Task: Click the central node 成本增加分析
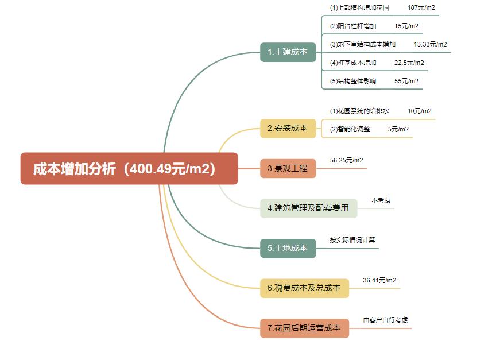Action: (129, 168)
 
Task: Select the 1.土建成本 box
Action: (288, 52)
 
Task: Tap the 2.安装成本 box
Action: (288, 129)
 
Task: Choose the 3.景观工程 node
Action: (288, 168)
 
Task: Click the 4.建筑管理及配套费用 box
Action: (308, 208)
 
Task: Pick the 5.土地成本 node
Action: (288, 249)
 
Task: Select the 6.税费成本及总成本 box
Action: (304, 288)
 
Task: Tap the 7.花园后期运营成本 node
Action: (304, 328)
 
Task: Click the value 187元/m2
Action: (421, 7)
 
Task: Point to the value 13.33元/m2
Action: (430, 44)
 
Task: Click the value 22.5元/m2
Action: (409, 63)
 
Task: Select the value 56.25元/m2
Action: (346, 160)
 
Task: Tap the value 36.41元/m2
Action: (379, 280)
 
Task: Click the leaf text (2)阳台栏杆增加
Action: (353, 26)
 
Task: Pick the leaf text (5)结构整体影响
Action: (353, 81)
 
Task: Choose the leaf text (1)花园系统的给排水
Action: (359, 111)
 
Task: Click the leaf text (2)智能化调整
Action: (350, 129)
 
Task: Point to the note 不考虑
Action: (381, 200)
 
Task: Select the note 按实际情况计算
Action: (352, 240)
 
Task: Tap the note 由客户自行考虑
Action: (386, 320)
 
